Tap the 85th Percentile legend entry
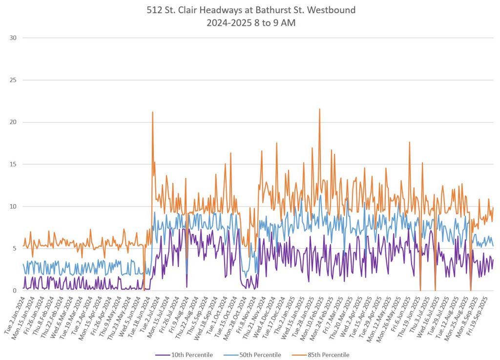click(x=330, y=355)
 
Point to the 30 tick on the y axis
click(x=13, y=38)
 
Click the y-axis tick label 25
click(x=13, y=80)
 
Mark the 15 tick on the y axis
click(x=13, y=164)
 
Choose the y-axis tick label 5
click(x=15, y=248)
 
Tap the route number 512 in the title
click(x=154, y=9)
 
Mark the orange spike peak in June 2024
click(x=152, y=112)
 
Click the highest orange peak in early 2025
click(x=319, y=109)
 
